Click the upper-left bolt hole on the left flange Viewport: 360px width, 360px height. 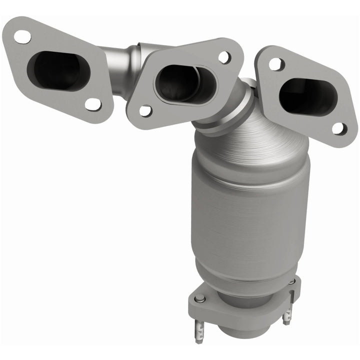pos(22,36)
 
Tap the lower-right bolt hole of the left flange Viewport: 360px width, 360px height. pos(92,104)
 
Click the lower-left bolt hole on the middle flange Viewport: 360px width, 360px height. pos(145,110)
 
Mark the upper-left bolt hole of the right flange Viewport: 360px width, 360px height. pos(275,64)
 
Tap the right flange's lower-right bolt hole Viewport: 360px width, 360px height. pos(338,128)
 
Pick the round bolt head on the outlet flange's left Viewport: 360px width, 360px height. pos(199,298)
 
